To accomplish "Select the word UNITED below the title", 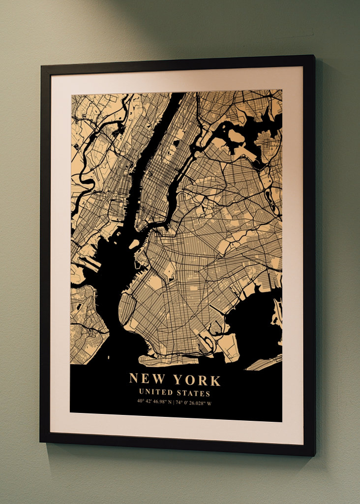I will [x=156, y=393].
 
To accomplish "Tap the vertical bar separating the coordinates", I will [x=175, y=402].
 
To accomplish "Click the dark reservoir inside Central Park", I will [x=176, y=144].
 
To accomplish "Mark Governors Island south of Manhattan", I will [x=134, y=244].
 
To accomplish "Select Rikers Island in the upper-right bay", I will [x=235, y=135].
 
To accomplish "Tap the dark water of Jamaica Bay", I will [x=251, y=320].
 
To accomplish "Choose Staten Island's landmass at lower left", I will [x=86, y=315].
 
